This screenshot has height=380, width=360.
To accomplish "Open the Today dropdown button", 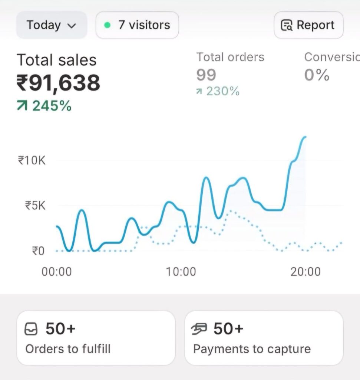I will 51,25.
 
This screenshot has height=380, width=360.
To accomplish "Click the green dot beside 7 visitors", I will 108,25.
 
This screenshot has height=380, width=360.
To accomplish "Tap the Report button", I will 308,25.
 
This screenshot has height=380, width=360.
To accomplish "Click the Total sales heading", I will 56,60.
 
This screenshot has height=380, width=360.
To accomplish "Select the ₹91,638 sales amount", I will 58,82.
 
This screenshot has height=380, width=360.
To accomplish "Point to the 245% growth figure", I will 51,106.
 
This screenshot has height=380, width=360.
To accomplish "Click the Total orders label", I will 230,57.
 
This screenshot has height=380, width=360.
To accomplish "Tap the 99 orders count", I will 206,75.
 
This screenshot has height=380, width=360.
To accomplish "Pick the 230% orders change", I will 222,91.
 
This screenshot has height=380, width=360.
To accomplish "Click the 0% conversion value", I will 317,75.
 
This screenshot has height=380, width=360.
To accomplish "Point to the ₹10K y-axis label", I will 32,161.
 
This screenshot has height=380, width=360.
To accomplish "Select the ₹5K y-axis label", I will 35,205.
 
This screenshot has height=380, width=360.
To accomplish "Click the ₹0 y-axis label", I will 38,251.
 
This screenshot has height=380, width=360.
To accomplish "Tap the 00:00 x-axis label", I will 56,272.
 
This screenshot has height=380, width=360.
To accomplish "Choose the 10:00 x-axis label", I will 181,272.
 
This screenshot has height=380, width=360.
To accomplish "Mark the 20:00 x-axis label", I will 305,272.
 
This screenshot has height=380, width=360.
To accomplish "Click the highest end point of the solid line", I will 305,137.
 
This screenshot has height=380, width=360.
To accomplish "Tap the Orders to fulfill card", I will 96,338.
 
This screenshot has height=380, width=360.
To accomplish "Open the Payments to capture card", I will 264,338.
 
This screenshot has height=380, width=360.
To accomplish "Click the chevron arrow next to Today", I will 72,26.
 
